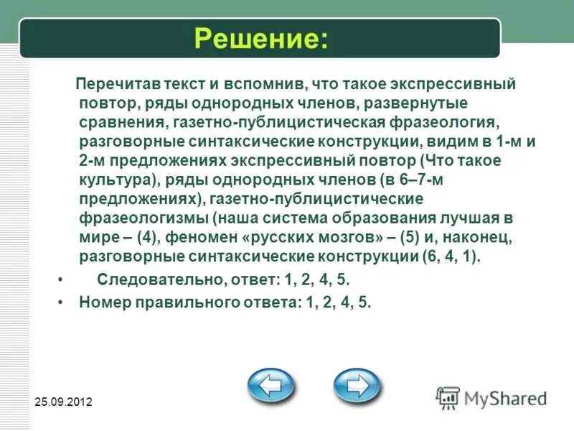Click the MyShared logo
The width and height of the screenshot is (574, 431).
(x=492, y=398)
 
